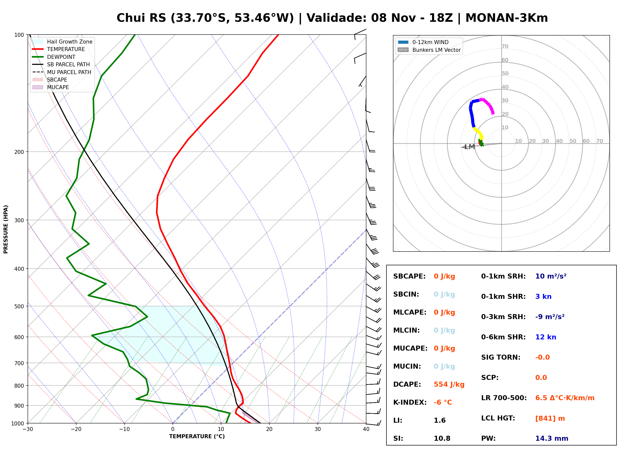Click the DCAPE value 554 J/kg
449,384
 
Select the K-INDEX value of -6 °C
443,402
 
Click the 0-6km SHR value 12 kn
546,337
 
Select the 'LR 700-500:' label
504,398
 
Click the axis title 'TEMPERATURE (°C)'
197,436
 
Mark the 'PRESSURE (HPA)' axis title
6,229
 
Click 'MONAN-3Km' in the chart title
506,18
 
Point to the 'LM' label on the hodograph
470,147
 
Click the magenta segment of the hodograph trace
488,104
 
